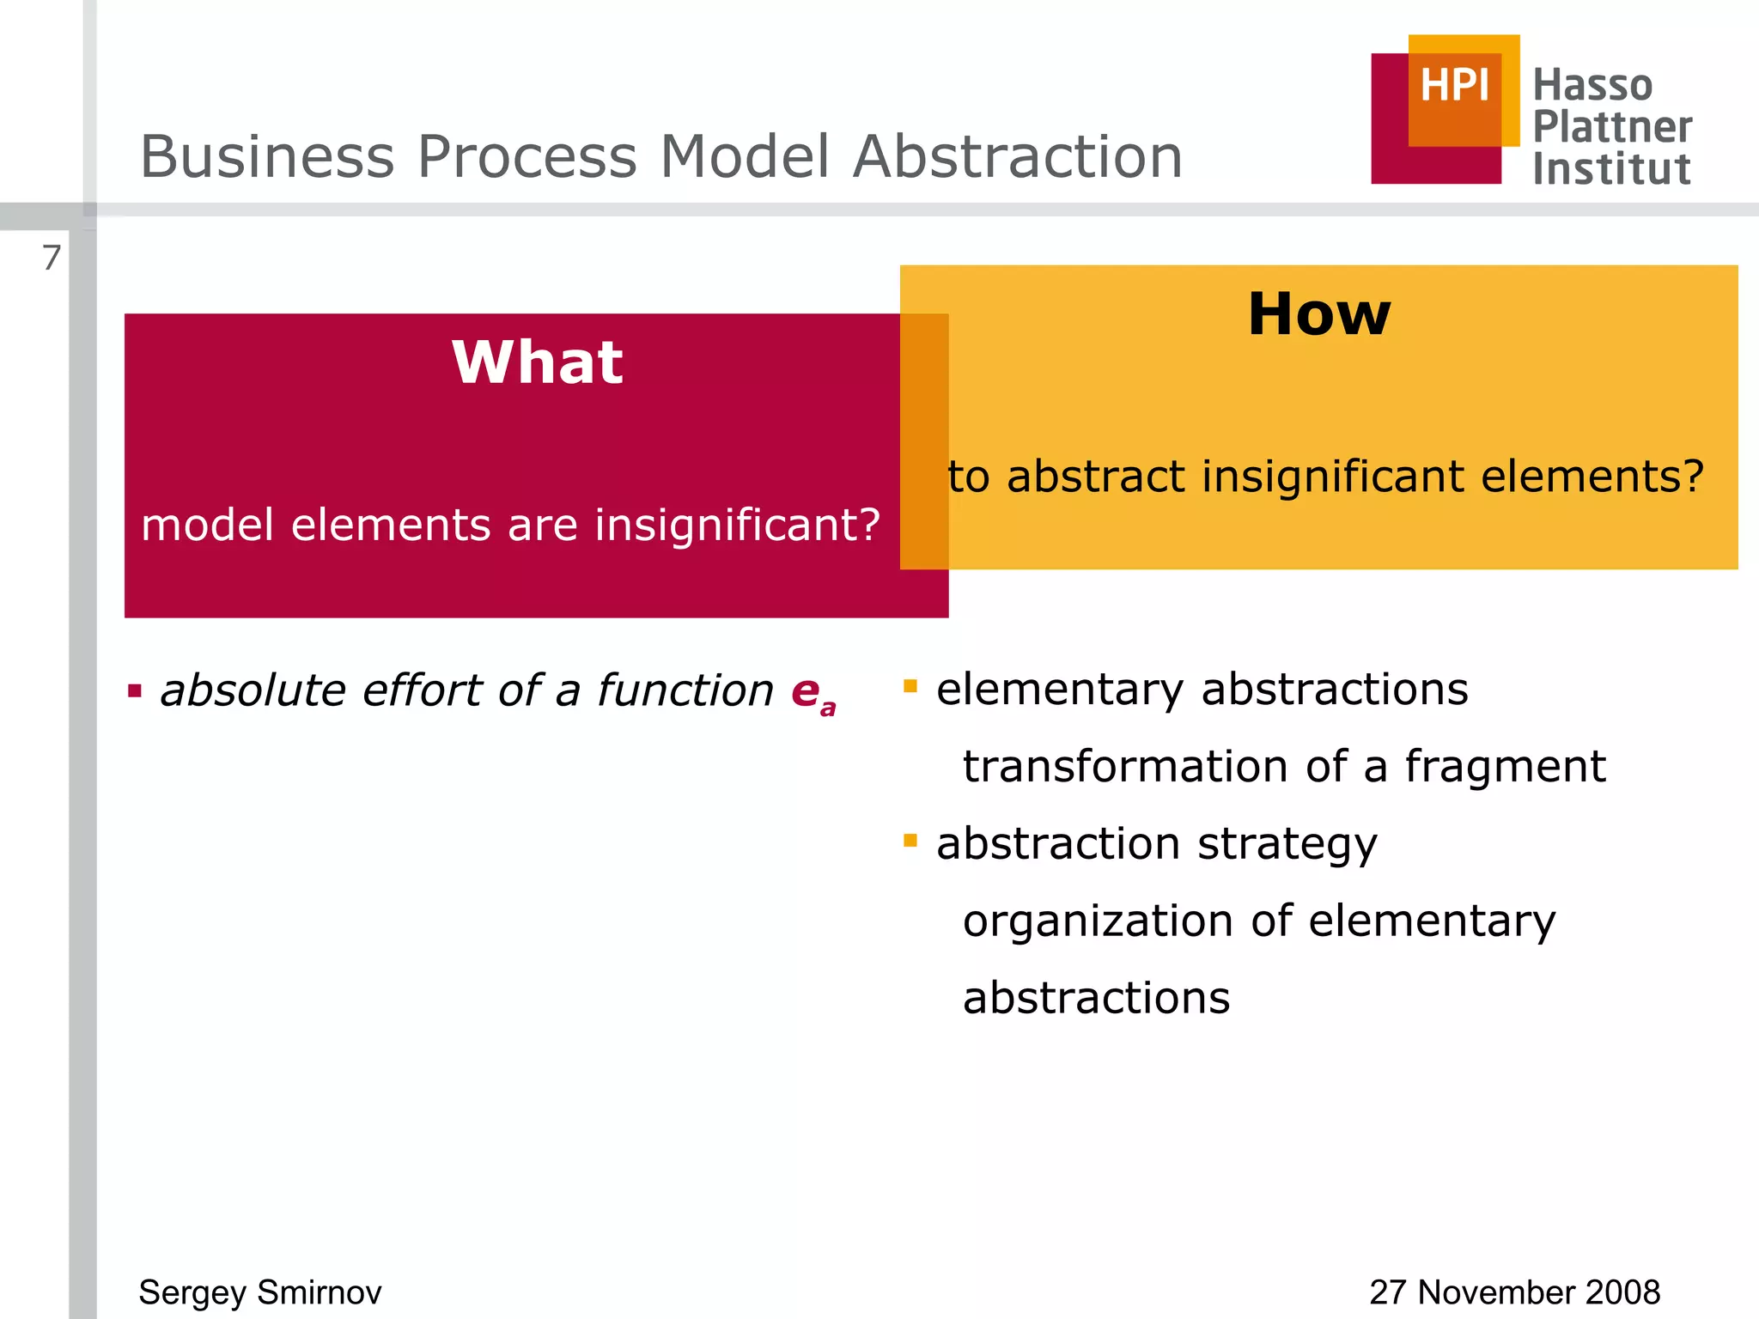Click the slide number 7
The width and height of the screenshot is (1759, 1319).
pyautogui.click(x=52, y=258)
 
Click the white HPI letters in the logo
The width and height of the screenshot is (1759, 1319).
pyautogui.click(x=1454, y=86)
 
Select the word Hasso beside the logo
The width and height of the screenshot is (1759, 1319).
pyautogui.click(x=1592, y=86)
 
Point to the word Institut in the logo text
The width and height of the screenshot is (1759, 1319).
pyautogui.click(x=1611, y=169)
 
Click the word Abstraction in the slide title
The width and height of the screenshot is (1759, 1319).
pyautogui.click(x=1018, y=157)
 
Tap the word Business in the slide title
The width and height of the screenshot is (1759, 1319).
pyautogui.click(x=267, y=157)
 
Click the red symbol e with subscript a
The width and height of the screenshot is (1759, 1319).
pyautogui.click(x=812, y=692)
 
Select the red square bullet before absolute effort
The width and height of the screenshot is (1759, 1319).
pyautogui.click(x=135, y=690)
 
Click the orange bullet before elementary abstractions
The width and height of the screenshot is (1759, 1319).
pyautogui.click(x=910, y=685)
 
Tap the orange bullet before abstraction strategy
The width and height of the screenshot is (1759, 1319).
pyautogui.click(x=910, y=840)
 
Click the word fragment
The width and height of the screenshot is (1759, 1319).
pyautogui.click(x=1505, y=767)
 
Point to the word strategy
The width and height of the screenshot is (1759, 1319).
pyautogui.click(x=1287, y=845)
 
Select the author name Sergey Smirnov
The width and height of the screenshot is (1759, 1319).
pyautogui.click(x=259, y=1292)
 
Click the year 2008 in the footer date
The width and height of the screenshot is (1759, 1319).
pyautogui.click(x=1622, y=1292)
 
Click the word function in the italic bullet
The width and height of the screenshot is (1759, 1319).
pyautogui.click(x=685, y=691)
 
